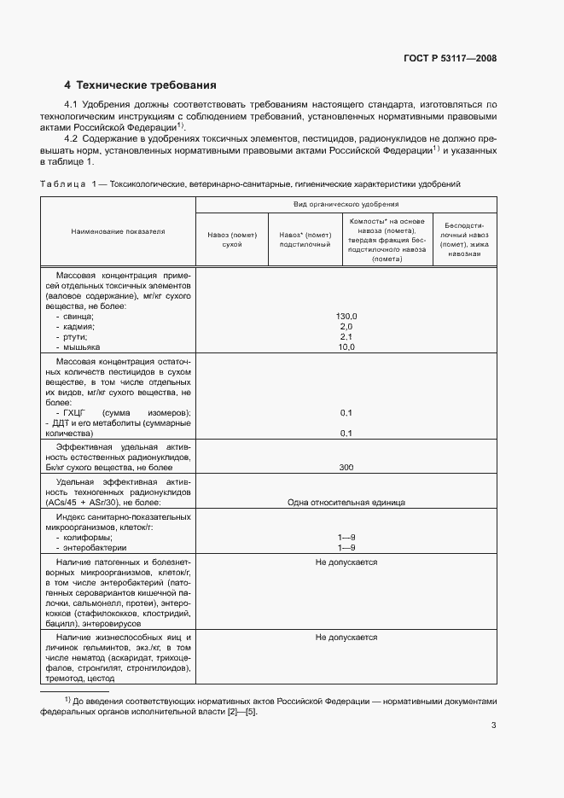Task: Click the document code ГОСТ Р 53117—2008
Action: (450, 59)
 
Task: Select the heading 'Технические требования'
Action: (146, 85)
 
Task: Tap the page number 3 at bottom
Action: (493, 725)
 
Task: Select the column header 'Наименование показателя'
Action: (118, 231)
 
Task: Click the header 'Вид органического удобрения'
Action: (346, 205)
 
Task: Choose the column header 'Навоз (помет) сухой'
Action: (231, 239)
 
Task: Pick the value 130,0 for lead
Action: (346, 317)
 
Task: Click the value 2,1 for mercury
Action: (346, 337)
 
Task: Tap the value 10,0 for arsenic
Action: (346, 347)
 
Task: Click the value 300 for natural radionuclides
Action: (346, 468)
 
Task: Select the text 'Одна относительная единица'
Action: (346, 503)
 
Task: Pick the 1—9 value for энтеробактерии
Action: (346, 547)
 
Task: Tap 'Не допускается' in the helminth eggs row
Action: (346, 637)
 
